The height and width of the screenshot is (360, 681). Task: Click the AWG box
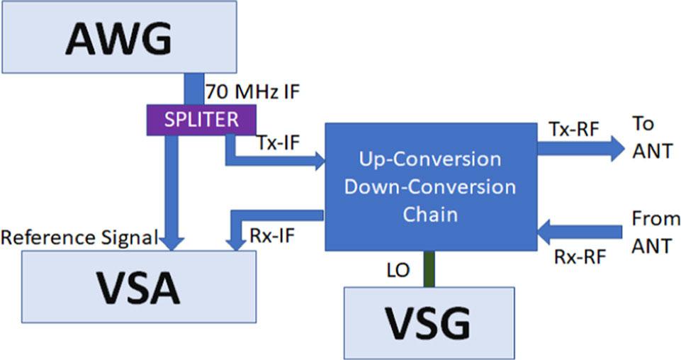[x=118, y=37]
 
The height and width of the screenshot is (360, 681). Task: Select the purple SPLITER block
[x=201, y=119]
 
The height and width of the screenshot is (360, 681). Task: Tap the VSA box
[x=139, y=288]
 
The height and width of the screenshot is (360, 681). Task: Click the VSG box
[x=428, y=322]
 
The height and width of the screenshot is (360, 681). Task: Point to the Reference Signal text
[x=79, y=237]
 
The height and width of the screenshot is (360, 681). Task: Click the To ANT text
[x=651, y=139]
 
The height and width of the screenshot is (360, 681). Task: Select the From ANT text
[x=655, y=233]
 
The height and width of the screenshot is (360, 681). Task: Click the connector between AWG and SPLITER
[x=193, y=89]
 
